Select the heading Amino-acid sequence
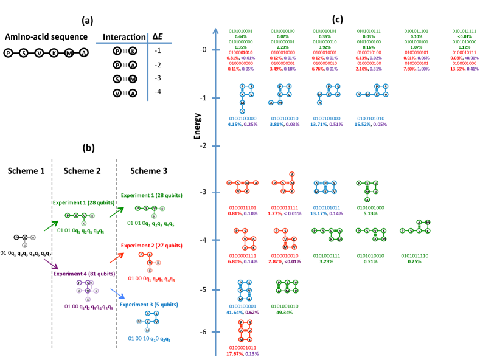(x=44, y=37)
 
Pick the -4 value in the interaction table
(x=158, y=92)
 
